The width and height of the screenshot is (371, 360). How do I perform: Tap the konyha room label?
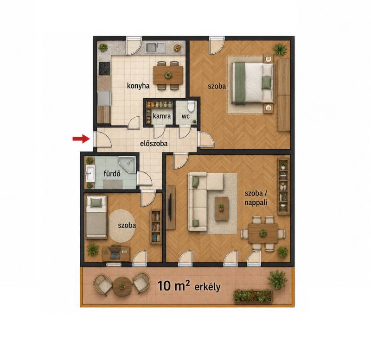tap(138, 86)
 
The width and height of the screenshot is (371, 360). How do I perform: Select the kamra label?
tap(162, 116)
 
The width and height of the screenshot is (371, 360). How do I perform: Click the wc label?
tap(185, 116)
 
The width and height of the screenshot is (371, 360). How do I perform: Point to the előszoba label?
tap(154, 143)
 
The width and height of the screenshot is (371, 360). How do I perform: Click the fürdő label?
tap(112, 173)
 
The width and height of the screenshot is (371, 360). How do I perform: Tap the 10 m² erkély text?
tap(189, 286)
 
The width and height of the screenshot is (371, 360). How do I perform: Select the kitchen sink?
tap(155, 47)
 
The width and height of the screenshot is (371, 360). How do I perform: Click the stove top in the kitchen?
tap(104, 68)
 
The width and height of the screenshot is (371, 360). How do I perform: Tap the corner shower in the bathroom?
tap(127, 164)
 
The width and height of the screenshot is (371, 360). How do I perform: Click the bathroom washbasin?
tap(90, 173)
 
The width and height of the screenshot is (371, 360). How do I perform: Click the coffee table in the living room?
tap(222, 208)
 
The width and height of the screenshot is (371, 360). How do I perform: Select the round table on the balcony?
tap(122, 286)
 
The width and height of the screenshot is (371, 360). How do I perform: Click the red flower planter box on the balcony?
tap(253, 296)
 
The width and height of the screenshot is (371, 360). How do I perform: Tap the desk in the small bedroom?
tap(116, 254)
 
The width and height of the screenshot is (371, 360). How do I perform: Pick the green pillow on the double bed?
tap(266, 82)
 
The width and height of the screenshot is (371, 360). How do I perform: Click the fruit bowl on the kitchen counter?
tap(177, 48)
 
